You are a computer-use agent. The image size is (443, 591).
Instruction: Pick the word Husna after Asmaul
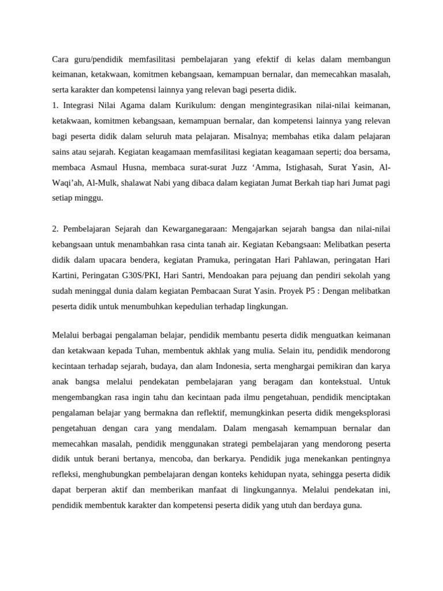click(x=136, y=167)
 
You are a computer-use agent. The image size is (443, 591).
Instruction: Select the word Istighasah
click(x=277, y=167)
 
